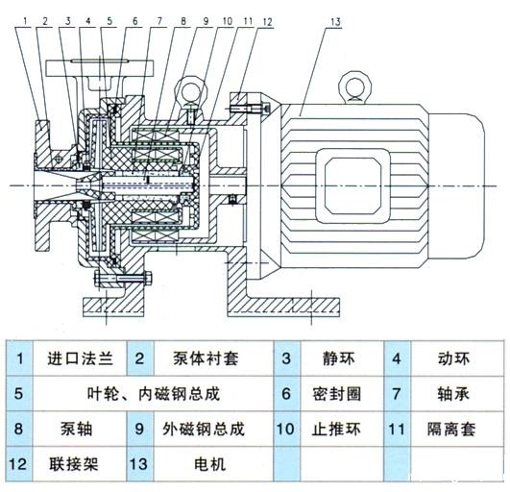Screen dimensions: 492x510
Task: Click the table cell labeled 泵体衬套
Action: click(x=205, y=359)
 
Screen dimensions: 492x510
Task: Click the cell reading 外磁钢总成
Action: click(x=205, y=429)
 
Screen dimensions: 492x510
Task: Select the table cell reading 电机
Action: click(x=205, y=464)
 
